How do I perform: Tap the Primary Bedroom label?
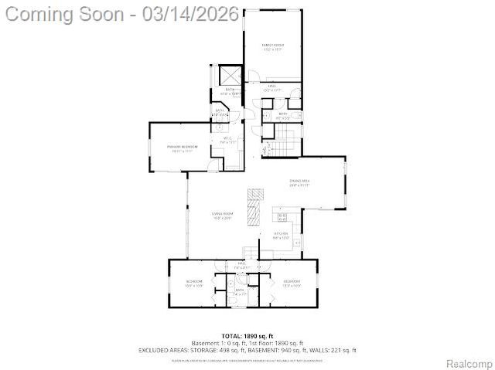pyautogui.click(x=183, y=147)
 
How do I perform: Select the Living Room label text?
pyautogui.click(x=223, y=214)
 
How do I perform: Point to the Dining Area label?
pyautogui.click(x=299, y=181)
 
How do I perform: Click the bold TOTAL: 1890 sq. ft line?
pyautogui.click(x=247, y=337)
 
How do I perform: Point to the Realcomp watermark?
pyautogui.click(x=468, y=363)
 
